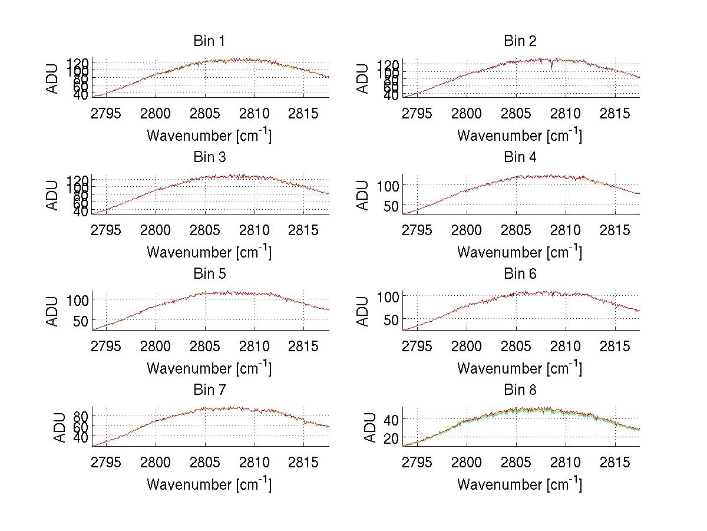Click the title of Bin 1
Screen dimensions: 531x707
209,41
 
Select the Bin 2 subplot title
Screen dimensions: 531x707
520,41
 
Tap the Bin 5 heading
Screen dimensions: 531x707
209,274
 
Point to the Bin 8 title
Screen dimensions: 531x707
520,390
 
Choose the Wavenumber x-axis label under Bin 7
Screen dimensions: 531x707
209,484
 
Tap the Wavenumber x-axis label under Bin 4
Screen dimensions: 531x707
519,252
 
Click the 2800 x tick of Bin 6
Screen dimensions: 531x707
467,346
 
